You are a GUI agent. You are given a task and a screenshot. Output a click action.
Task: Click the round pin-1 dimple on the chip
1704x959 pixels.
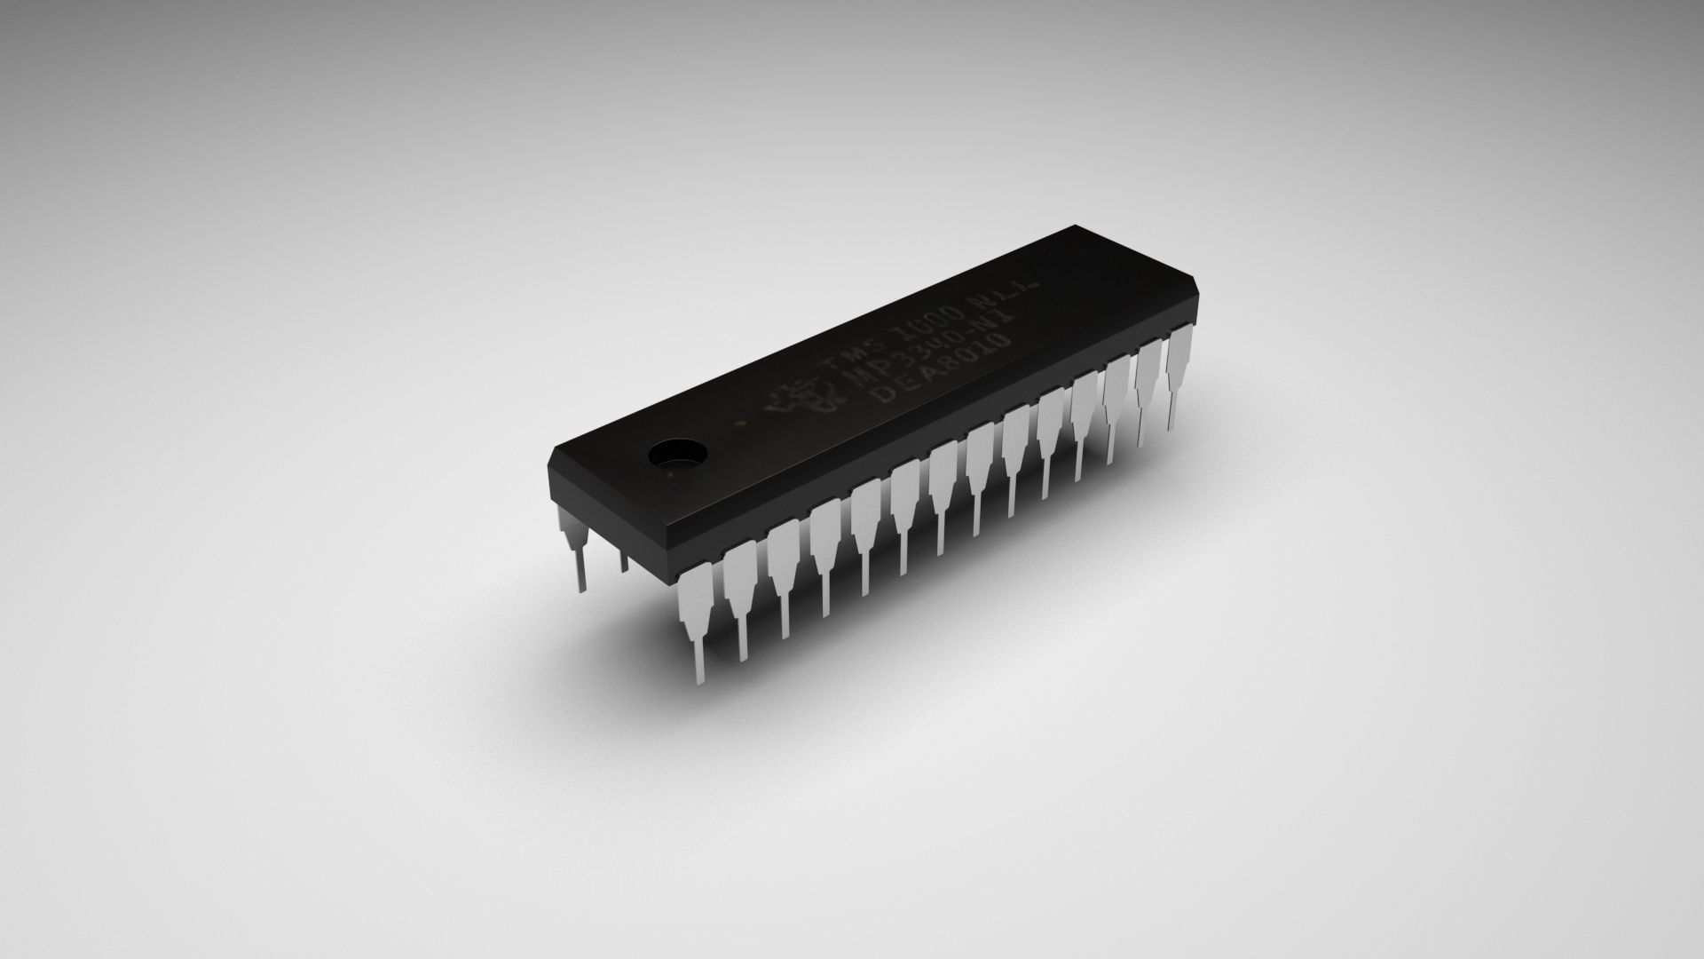(x=676, y=455)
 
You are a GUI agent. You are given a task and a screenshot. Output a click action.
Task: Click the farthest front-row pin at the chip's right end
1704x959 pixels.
(x=1179, y=364)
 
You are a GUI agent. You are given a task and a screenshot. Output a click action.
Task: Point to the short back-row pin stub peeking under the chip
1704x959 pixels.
(x=623, y=559)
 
